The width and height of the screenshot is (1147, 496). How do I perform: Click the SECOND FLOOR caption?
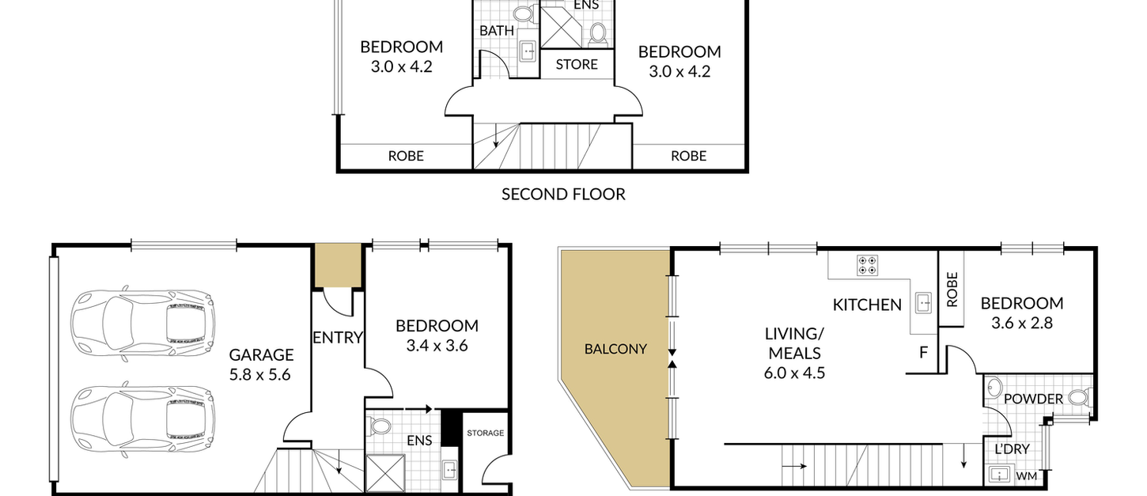563,195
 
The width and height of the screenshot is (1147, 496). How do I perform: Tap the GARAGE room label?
261,354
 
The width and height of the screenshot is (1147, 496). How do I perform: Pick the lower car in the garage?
142,419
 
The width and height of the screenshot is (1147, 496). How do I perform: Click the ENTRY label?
338,338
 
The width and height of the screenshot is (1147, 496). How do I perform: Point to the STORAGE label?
486,433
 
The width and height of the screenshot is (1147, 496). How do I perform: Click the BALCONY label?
615,349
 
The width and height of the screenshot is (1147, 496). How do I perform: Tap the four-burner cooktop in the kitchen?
868,265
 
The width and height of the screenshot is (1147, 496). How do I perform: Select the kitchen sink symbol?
923,303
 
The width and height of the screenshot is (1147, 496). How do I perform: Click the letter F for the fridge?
923,353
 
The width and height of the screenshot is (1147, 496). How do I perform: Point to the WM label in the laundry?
1026,476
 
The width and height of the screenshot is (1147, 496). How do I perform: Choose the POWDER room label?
1033,399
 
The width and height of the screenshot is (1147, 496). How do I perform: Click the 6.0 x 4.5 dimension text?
794,373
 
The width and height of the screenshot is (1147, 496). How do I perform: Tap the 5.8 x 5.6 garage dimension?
259,375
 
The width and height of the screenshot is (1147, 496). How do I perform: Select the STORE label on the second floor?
577,65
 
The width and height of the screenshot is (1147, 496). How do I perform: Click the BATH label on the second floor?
497,31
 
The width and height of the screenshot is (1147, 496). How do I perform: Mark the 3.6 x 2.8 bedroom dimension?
1021,324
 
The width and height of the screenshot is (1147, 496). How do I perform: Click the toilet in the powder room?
1080,397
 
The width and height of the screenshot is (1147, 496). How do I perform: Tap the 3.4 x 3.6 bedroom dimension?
437,346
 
